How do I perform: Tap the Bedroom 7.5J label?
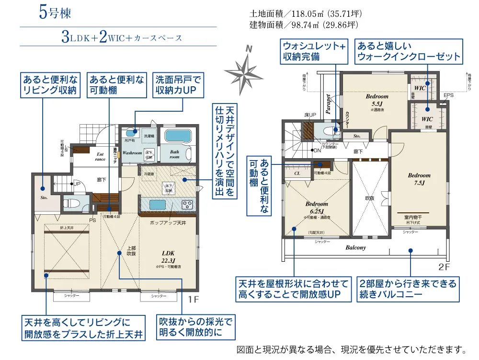click(419, 179)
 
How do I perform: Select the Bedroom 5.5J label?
click(377, 100)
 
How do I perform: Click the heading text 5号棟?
click(55, 13)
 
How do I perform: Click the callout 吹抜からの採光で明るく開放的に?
click(195, 327)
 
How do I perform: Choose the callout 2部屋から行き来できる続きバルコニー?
click(408, 289)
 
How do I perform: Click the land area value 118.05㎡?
click(307, 14)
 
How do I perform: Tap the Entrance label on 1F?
click(100, 156)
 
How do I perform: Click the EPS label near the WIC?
click(448, 95)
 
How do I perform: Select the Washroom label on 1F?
click(132, 153)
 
